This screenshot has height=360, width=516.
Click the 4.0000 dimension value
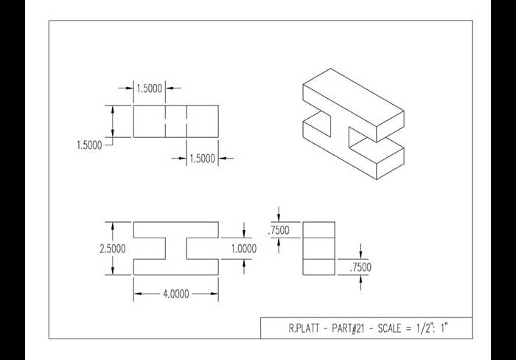176,294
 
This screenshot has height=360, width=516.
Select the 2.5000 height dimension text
113,249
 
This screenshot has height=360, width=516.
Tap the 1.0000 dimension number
244,249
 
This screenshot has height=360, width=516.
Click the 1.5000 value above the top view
150,89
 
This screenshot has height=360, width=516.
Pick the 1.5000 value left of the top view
89,145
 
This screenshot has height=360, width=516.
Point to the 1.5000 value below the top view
203,159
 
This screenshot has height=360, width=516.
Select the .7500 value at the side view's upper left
279,230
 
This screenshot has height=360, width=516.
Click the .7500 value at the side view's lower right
360,267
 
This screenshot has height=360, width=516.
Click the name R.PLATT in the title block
304,328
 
